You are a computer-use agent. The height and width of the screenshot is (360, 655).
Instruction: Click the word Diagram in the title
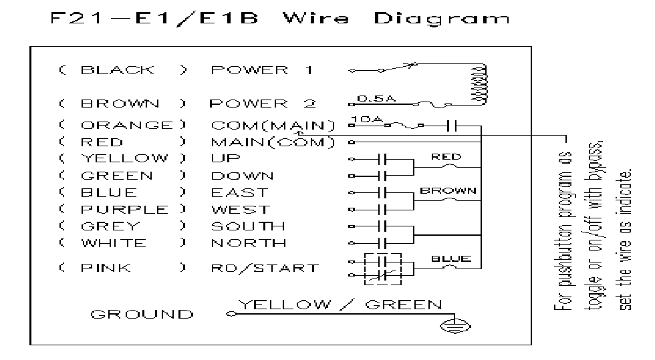point(442,19)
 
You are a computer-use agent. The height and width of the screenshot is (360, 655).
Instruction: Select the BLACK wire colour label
point(118,69)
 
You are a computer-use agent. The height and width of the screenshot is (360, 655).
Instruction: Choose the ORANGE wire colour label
point(126,125)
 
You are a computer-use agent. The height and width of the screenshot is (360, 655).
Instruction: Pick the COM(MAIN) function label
point(273,125)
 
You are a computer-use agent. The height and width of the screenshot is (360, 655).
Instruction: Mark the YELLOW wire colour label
point(124,158)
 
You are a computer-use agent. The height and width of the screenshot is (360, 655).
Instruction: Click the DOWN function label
point(242,176)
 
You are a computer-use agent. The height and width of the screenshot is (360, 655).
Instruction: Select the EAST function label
point(239,192)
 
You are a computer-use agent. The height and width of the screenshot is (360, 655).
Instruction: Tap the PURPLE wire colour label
point(124,209)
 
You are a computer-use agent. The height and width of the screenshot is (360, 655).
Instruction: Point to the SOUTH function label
point(247,226)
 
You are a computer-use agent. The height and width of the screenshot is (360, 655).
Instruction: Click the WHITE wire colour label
point(113,242)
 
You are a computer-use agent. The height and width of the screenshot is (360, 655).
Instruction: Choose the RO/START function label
point(265,268)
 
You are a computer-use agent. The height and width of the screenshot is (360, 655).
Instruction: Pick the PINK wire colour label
point(106,268)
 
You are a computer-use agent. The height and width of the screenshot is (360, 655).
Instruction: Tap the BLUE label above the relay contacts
point(451,258)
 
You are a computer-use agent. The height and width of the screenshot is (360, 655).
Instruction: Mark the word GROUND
point(142,314)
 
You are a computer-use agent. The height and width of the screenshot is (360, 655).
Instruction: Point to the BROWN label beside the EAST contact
point(447,190)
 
